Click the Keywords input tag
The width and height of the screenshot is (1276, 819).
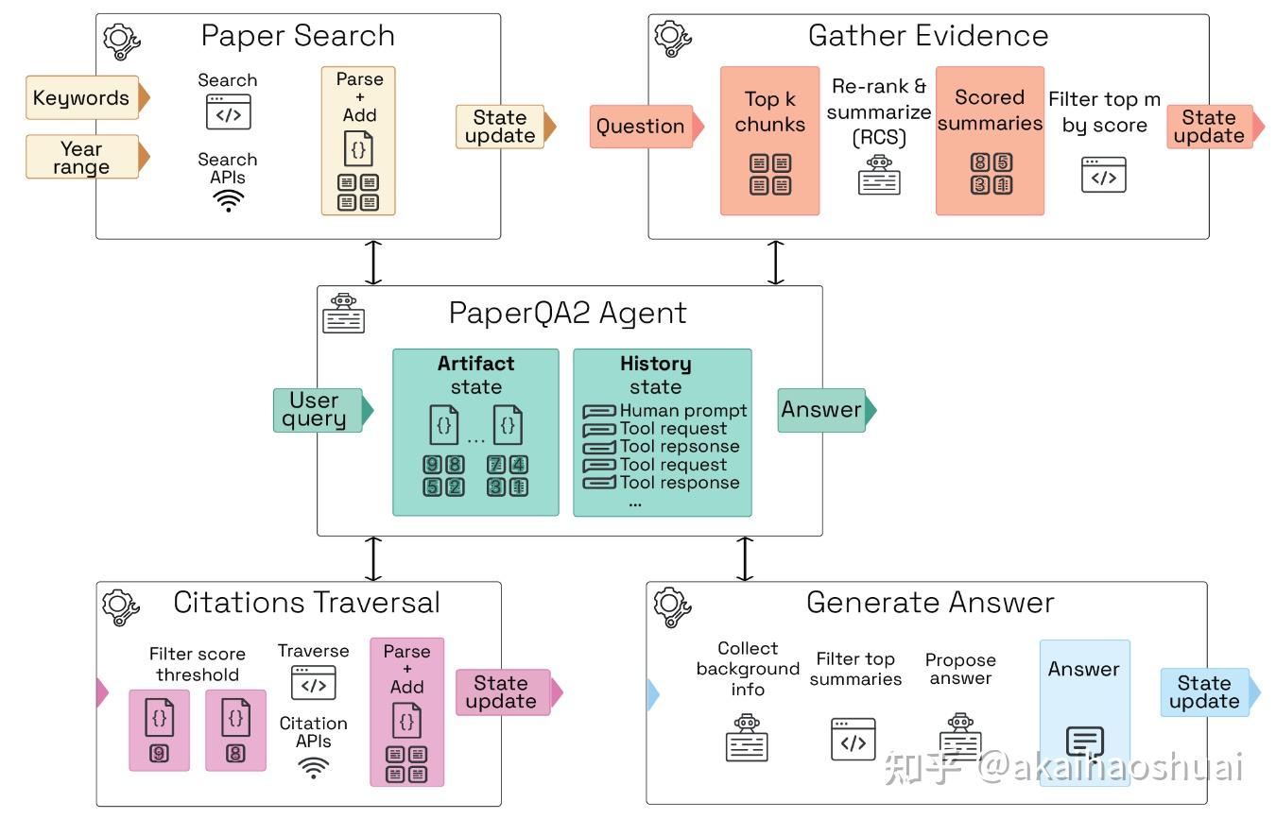[x=81, y=97]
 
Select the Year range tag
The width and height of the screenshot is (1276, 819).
[x=81, y=158]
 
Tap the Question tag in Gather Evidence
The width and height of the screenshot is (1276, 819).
[x=640, y=127]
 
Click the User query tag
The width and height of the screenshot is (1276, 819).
[x=315, y=410]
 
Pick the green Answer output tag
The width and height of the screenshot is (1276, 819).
[x=820, y=410]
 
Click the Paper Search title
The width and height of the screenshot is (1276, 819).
[x=298, y=36]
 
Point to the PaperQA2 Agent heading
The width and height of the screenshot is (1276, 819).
[x=567, y=313]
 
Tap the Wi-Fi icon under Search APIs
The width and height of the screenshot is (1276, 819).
[x=228, y=200]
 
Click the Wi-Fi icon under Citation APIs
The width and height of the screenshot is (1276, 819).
[x=313, y=767]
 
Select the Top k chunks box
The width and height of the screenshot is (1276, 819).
[x=769, y=140]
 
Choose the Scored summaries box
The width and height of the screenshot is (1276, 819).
[x=990, y=140]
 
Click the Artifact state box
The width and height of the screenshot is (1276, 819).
[x=475, y=432]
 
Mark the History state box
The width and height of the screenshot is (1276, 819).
[x=662, y=432]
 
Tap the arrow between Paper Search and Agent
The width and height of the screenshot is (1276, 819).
[x=374, y=263]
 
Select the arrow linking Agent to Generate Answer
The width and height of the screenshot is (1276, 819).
[x=745, y=559]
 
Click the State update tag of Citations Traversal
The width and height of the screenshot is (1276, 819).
[x=501, y=692]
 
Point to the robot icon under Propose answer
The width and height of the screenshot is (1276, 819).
[x=960, y=737]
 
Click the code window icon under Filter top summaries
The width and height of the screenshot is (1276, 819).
[x=854, y=740]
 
